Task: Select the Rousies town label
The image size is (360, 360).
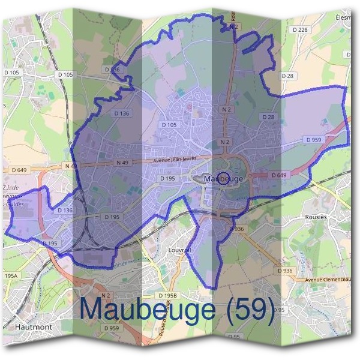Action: (316, 217)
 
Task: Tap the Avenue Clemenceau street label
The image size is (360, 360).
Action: (329, 280)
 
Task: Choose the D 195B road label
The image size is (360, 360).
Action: (169, 296)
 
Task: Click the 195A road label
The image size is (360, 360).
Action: (11, 275)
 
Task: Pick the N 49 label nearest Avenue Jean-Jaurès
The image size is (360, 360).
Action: (122, 163)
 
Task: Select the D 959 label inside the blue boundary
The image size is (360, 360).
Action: (314, 139)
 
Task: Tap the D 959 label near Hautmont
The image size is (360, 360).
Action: (111, 328)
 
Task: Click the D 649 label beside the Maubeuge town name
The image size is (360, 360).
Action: (278, 175)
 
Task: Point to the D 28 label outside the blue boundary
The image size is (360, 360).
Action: (287, 76)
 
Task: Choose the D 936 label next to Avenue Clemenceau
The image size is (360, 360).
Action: (286, 271)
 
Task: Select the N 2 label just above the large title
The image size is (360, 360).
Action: (106, 295)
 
